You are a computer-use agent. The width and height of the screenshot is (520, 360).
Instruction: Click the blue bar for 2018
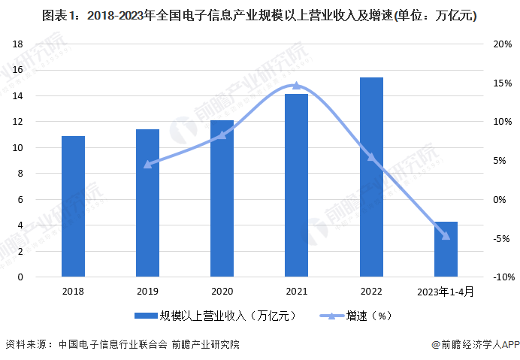pos(73,207)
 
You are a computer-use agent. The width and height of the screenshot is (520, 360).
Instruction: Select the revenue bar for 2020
pos(222,198)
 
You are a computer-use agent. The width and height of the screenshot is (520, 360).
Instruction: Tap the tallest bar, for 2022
pos(371,177)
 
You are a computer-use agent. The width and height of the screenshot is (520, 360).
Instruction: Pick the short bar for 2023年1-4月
pos(446,250)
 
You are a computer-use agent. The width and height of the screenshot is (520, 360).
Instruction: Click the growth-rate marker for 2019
pos(147,164)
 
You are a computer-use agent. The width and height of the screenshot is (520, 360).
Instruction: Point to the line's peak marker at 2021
pos(296,86)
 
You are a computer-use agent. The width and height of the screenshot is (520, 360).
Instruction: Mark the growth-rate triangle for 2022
pos(371,157)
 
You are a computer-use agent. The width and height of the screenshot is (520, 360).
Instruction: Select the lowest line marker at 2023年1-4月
pos(446,236)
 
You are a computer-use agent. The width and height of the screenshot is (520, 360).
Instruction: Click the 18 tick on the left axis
pos(18,44)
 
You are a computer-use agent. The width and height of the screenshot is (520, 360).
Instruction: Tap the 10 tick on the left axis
pos(18,147)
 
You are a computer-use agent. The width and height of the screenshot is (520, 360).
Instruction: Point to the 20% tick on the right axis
pos(502,44)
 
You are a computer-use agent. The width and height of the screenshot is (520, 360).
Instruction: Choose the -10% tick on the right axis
pos(500,277)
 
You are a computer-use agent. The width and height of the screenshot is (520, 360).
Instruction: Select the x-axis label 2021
pos(296,292)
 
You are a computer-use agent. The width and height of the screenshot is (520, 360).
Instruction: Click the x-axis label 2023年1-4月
pos(446,292)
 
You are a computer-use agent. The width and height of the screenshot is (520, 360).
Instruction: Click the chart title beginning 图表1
pos(259,16)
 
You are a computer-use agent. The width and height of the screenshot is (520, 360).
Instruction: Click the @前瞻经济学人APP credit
pos(475,345)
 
